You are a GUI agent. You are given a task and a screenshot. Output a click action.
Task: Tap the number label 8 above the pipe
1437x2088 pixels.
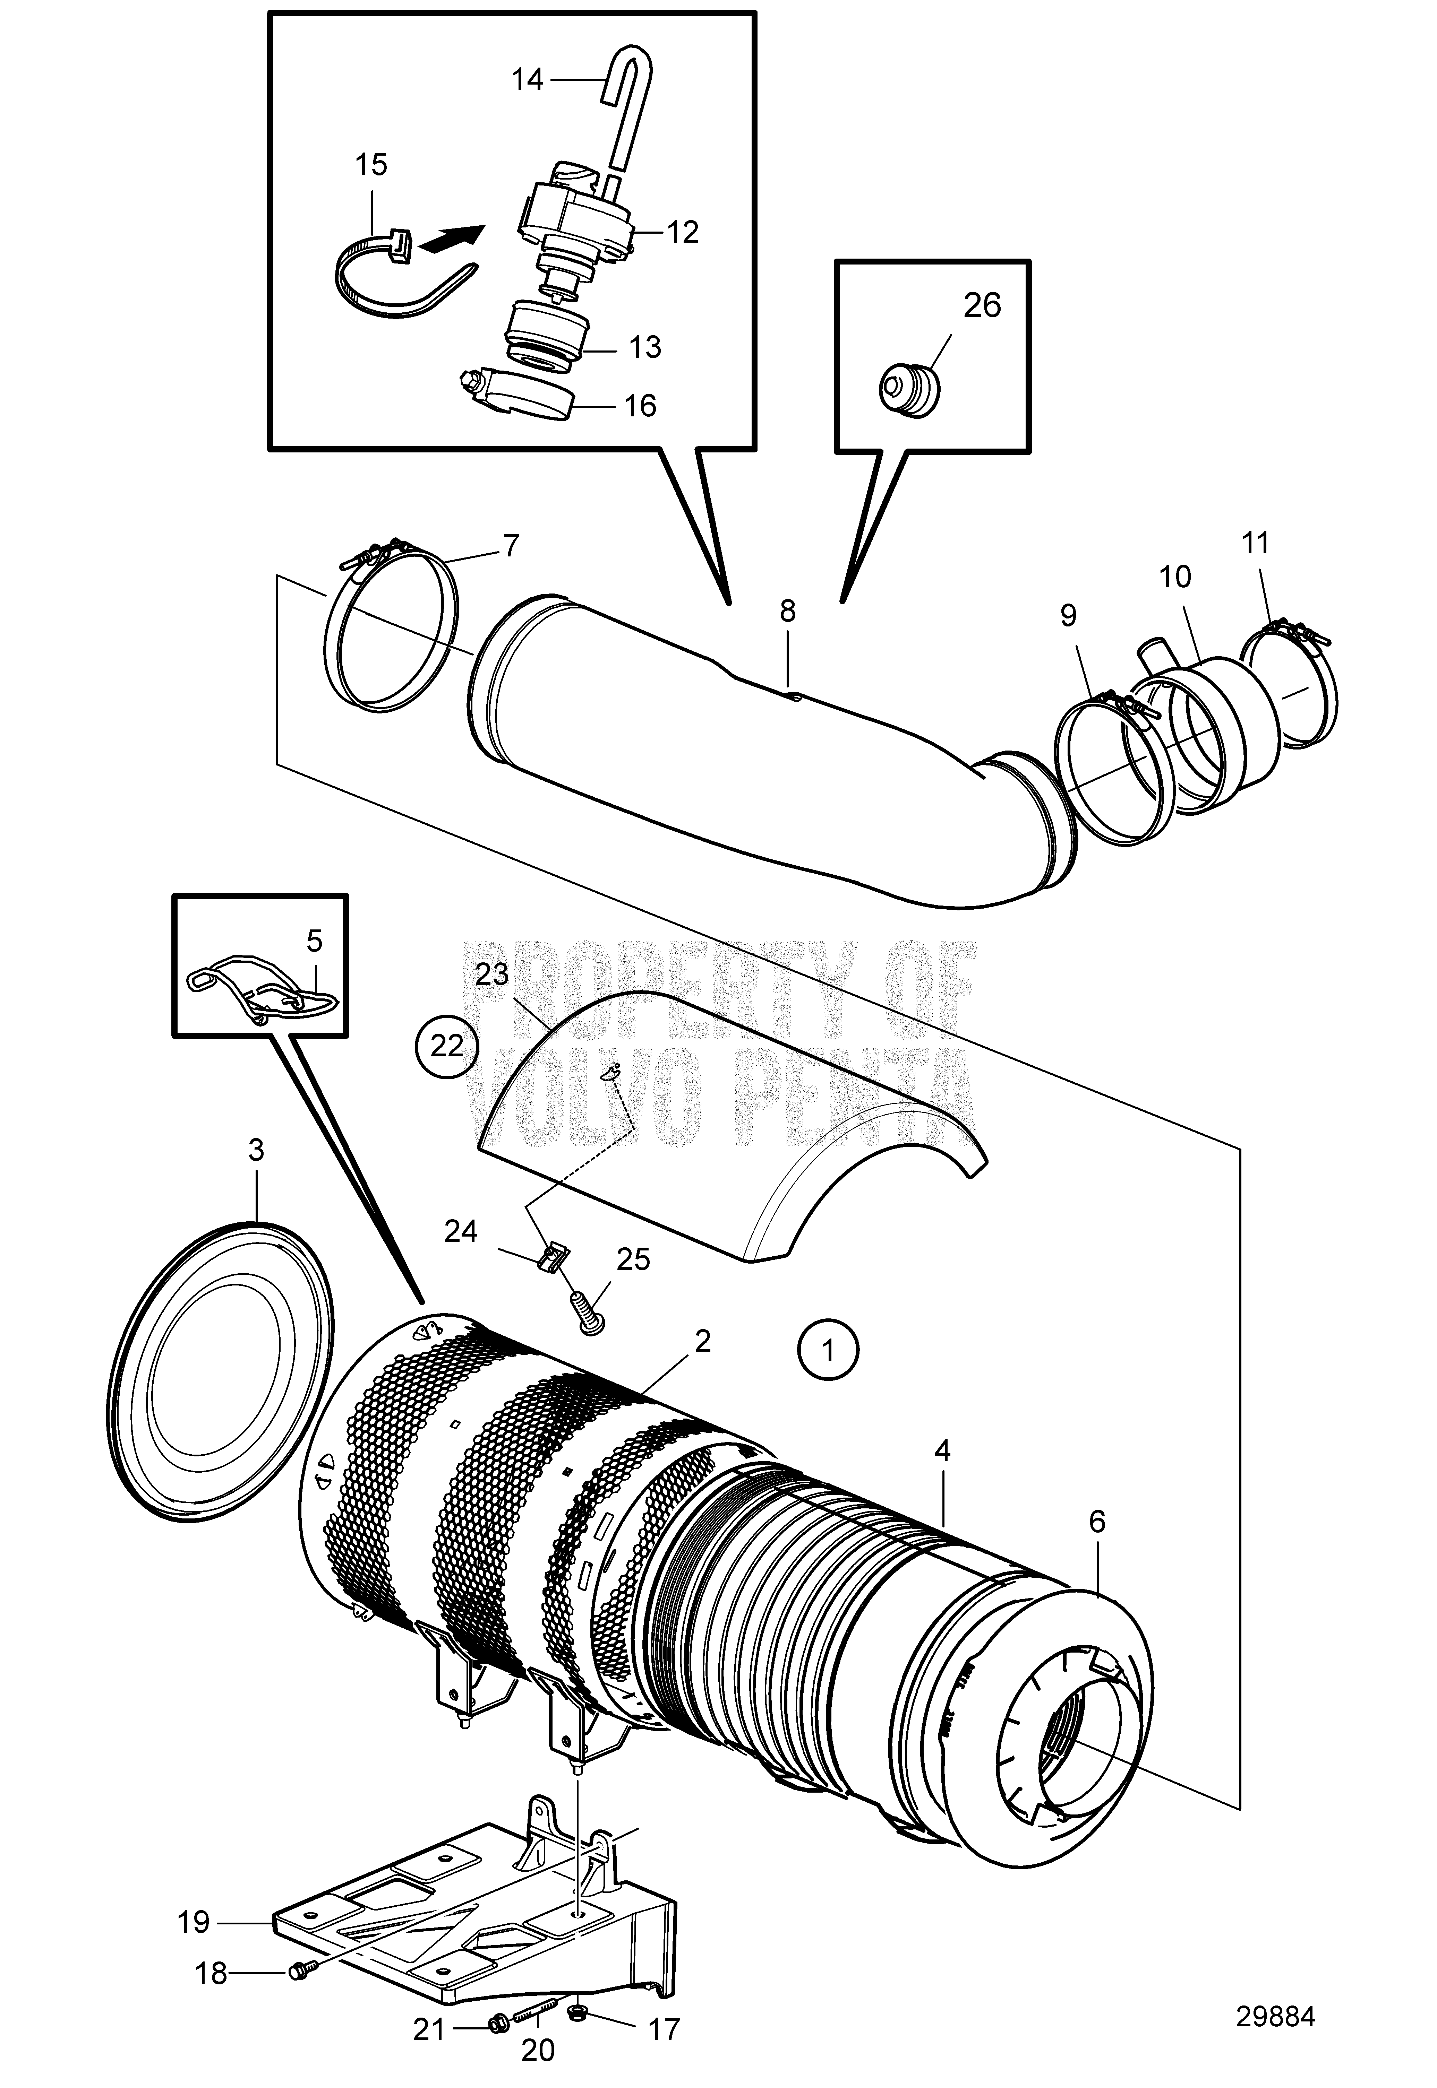[788, 612]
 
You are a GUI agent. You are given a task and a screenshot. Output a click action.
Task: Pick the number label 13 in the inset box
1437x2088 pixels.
[645, 347]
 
